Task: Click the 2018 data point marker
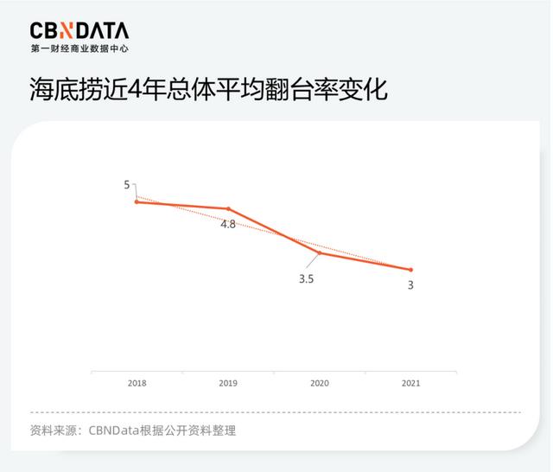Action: tap(137, 201)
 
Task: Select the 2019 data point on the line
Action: tap(229, 208)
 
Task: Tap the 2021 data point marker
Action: tap(410, 270)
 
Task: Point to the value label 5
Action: tap(127, 185)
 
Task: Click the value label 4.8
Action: tap(228, 224)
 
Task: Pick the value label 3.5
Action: tap(306, 279)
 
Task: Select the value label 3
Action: tap(410, 285)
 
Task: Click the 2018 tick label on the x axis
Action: tap(137, 383)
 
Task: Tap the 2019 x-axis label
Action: tap(228, 383)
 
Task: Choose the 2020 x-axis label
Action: tap(320, 383)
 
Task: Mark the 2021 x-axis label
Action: tap(410, 383)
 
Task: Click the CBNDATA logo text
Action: tap(79, 31)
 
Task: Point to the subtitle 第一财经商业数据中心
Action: tap(79, 48)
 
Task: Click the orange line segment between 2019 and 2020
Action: tap(275, 231)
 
